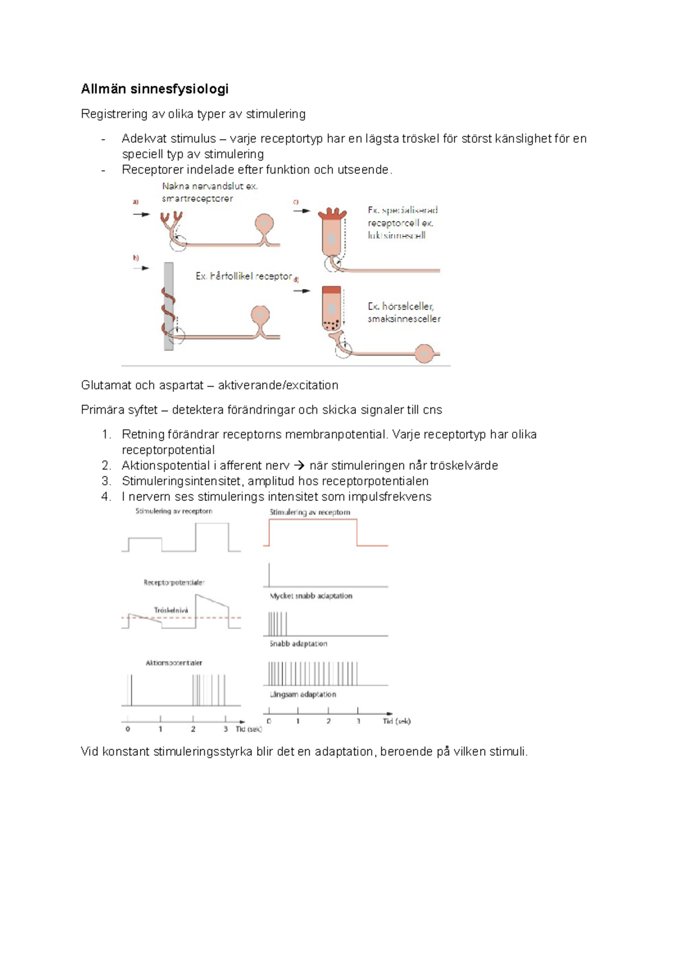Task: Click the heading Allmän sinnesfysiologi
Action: click(x=155, y=89)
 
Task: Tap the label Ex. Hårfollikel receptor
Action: click(x=244, y=276)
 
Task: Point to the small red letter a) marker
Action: click(x=135, y=201)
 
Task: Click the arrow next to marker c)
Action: click(x=302, y=211)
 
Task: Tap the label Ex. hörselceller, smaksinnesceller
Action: click(x=403, y=313)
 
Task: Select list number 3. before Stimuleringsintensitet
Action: click(x=107, y=481)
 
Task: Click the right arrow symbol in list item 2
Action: click(x=300, y=466)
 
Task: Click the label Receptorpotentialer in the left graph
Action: click(x=174, y=582)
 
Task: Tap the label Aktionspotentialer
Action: click(x=174, y=663)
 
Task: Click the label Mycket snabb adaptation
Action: click(x=311, y=596)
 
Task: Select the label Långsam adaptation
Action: click(x=303, y=695)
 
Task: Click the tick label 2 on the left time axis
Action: click(x=193, y=729)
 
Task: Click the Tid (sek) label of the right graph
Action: click(x=397, y=721)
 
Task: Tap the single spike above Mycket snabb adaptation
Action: click(x=269, y=574)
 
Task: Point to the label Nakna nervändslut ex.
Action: click(x=209, y=186)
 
